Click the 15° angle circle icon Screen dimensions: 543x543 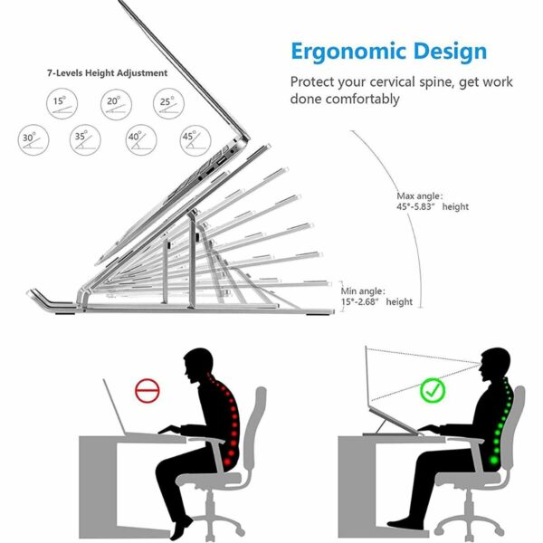[x=60, y=101]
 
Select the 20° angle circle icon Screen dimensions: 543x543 [x=112, y=101]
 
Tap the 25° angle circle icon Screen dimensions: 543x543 [x=166, y=101]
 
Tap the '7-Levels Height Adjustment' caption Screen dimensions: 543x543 [x=108, y=72]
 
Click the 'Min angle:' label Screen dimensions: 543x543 [x=363, y=291]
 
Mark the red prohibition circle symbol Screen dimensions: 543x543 [x=148, y=391]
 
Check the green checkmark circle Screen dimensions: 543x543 [x=433, y=392]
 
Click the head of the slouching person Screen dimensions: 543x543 [x=199, y=366]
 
